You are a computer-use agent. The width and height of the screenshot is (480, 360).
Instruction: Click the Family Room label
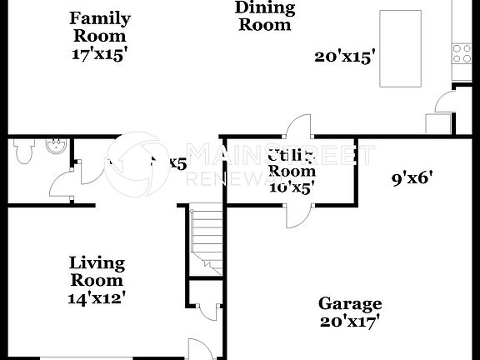(x=98, y=27)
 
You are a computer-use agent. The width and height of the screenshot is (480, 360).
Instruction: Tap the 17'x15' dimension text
(x=98, y=52)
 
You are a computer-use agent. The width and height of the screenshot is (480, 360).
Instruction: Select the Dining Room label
(x=265, y=16)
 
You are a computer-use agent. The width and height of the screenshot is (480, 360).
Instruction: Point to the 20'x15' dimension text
(x=345, y=57)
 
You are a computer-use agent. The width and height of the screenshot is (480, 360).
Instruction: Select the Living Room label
(x=97, y=271)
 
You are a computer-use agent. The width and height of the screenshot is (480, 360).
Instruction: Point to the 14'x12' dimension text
(x=97, y=296)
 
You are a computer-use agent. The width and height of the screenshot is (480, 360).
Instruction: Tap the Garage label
(x=350, y=303)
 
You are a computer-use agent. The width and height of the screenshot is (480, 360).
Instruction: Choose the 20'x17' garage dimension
(x=350, y=320)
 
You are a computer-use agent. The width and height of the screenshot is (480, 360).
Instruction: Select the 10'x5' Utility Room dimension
(x=290, y=187)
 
